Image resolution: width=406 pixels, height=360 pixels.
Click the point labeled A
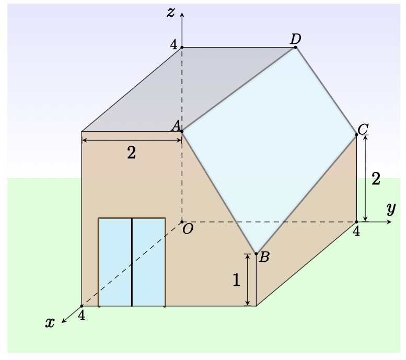pyautogui.click(x=182, y=132)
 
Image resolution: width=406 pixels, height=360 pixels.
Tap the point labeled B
pyautogui.click(x=257, y=254)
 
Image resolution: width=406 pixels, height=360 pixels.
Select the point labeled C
pyautogui.click(x=356, y=135)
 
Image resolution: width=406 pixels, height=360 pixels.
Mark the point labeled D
pyautogui.click(x=295, y=48)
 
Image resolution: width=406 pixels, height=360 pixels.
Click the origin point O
pyautogui.click(x=182, y=222)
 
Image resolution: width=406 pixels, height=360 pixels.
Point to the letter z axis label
pyautogui.click(x=171, y=12)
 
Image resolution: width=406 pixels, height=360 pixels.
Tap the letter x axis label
pyautogui.click(x=50, y=323)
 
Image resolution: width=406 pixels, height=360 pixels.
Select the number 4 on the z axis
pyautogui.click(x=173, y=45)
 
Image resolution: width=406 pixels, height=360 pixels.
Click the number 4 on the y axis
pyautogui.click(x=356, y=231)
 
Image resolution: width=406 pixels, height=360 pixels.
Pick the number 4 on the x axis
pyautogui.click(x=82, y=316)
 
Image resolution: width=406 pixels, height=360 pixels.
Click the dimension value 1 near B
pyautogui.click(x=236, y=280)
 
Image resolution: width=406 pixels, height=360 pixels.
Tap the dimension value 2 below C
pyautogui.click(x=376, y=179)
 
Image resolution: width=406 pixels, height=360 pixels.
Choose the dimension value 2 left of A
pyautogui.click(x=132, y=153)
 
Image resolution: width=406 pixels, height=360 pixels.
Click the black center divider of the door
pyautogui.click(x=132, y=262)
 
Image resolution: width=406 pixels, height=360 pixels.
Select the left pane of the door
pyautogui.click(x=115, y=262)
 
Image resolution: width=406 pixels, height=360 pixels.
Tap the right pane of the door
pyautogui.click(x=149, y=262)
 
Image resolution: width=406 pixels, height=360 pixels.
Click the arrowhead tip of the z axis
pyautogui.click(x=182, y=13)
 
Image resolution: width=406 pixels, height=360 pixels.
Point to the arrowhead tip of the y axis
pyautogui.click(x=391, y=222)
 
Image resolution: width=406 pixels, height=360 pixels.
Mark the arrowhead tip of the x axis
pyautogui.click(x=62, y=323)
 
